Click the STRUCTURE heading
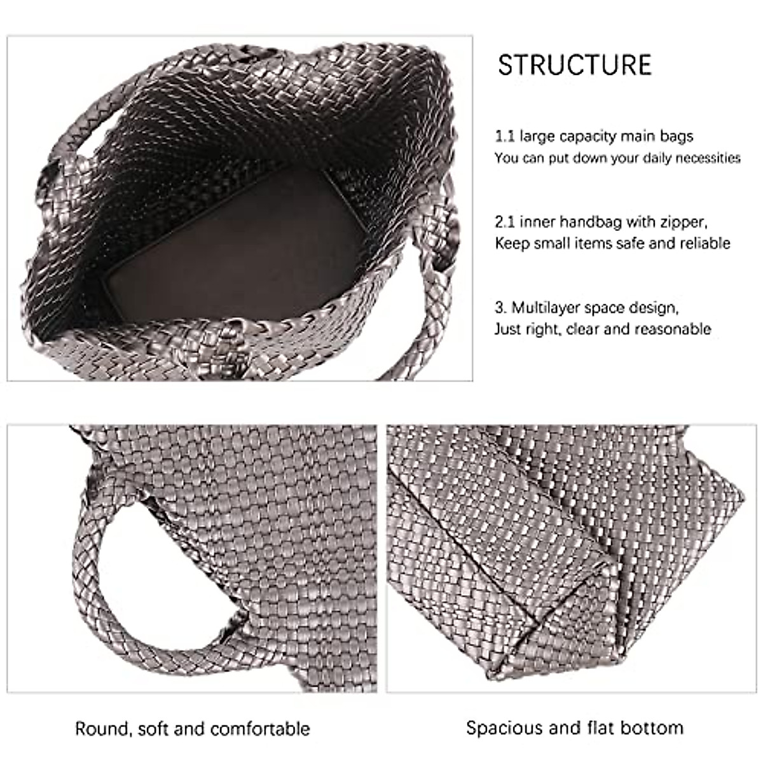pyautogui.click(x=574, y=65)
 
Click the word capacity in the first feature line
pyautogui.click(x=584, y=136)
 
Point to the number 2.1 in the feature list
pyautogui.click(x=505, y=222)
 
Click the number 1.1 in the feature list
pyautogui.click(x=505, y=136)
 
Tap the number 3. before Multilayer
pyautogui.click(x=501, y=308)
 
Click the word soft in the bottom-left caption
pyautogui.click(x=149, y=728)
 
